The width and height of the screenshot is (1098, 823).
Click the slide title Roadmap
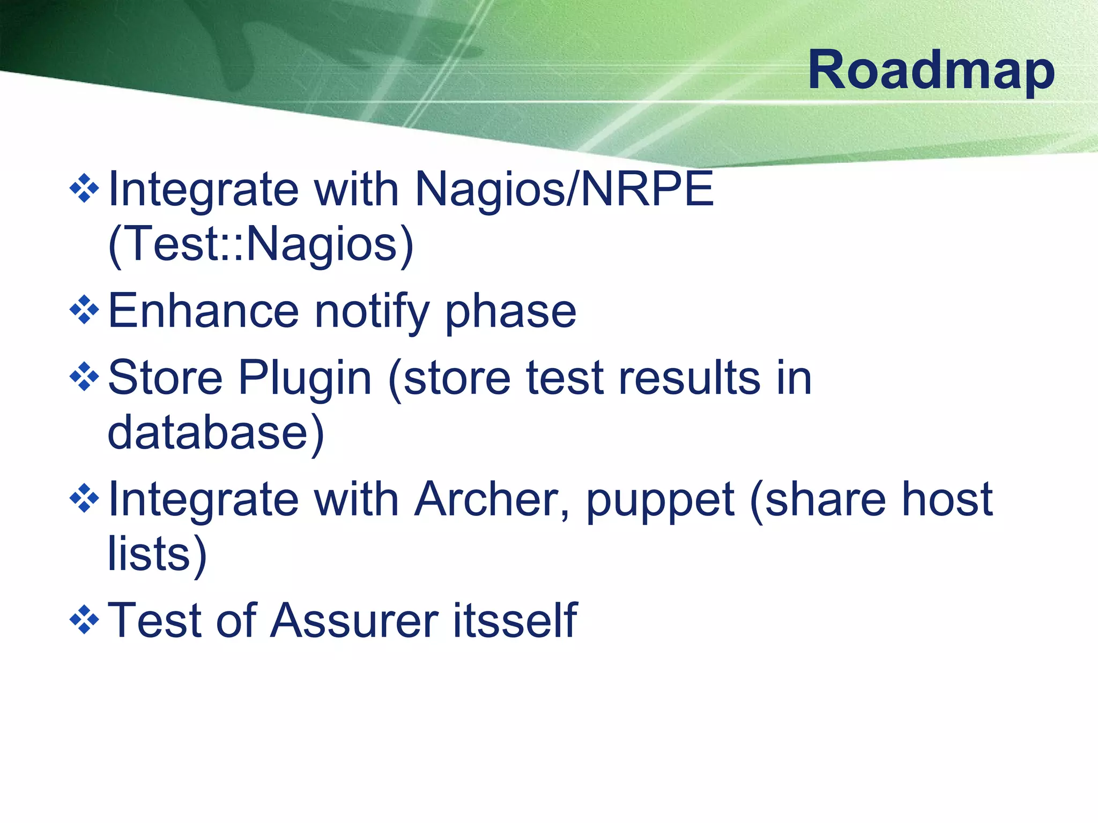(931, 70)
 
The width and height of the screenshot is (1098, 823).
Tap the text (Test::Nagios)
(261, 244)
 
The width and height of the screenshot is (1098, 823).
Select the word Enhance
(203, 311)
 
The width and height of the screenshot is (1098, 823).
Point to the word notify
(372, 312)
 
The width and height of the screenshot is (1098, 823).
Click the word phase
(510, 312)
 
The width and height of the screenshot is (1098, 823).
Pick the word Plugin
(305, 379)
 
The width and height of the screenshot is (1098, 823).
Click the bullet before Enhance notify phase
(85, 310)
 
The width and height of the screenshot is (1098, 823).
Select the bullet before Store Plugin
(85, 377)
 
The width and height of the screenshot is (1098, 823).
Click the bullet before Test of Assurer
(85, 620)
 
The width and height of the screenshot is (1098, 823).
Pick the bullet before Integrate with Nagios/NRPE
(85, 189)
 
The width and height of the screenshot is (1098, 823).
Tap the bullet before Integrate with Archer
(85, 499)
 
